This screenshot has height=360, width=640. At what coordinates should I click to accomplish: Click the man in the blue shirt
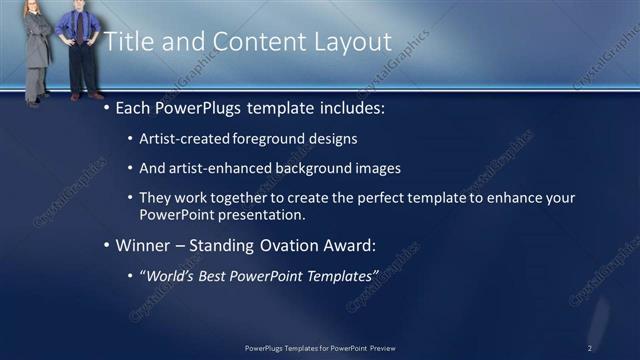pyautogui.click(x=78, y=50)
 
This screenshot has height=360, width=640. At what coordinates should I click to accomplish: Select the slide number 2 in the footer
pyautogui.click(x=590, y=348)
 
